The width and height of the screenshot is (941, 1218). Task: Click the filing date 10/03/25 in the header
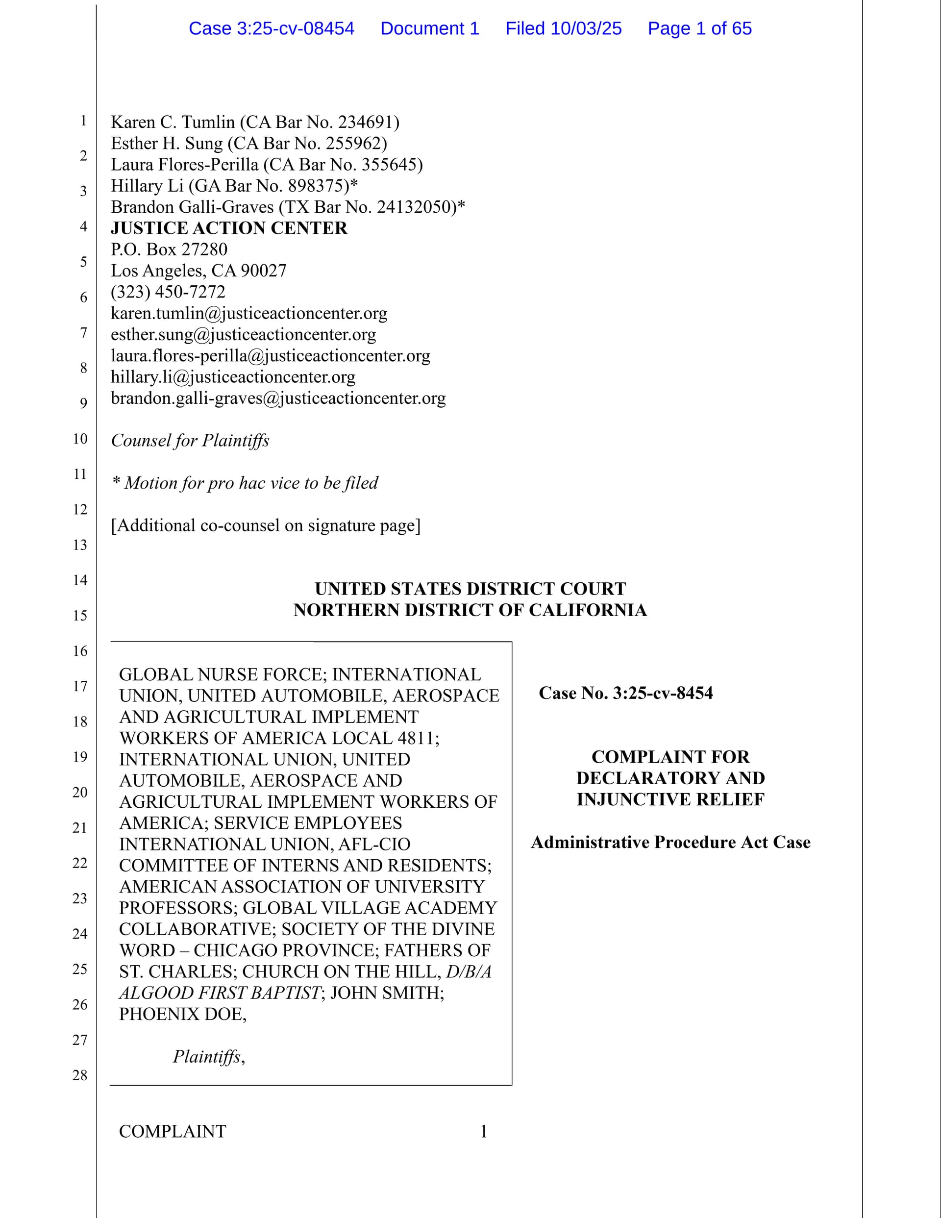pyautogui.click(x=586, y=28)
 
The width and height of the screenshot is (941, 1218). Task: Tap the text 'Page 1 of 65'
pyautogui.click(x=699, y=28)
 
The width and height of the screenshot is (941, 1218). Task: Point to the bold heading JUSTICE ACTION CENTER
pyautogui.click(x=229, y=228)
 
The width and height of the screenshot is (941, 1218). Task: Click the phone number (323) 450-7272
pyautogui.click(x=168, y=292)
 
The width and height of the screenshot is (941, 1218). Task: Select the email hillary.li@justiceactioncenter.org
pyautogui.click(x=233, y=377)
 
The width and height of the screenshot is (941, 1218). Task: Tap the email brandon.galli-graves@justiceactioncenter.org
pyautogui.click(x=278, y=398)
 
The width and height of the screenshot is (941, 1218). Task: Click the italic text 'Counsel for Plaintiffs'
pyautogui.click(x=190, y=441)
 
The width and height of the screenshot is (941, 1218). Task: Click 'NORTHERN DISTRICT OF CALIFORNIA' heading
pyautogui.click(x=470, y=610)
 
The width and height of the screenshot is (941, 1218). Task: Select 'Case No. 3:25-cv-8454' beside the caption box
pyautogui.click(x=625, y=693)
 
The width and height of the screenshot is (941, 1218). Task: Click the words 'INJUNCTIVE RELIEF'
pyautogui.click(x=670, y=799)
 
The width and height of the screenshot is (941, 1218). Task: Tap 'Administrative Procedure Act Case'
pyautogui.click(x=670, y=842)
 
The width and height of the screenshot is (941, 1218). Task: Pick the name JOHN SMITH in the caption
pyautogui.click(x=387, y=993)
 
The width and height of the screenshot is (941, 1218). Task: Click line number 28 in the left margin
pyautogui.click(x=80, y=1075)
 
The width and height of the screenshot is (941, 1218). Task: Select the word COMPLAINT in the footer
pyautogui.click(x=173, y=1131)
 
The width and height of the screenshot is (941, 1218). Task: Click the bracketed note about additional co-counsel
pyautogui.click(x=266, y=525)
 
